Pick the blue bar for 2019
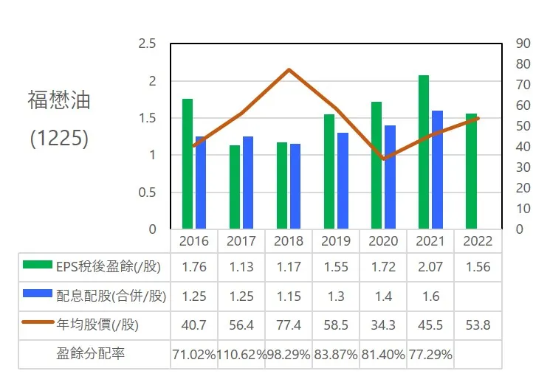coord(343,181)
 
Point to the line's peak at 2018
coord(289,69)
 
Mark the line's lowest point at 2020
coord(383,159)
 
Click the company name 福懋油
coord(59,100)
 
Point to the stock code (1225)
coord(59,139)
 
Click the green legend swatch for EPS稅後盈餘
coord(37,266)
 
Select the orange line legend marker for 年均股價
coord(37,324)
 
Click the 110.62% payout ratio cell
coord(241,354)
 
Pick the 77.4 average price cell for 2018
coord(289,325)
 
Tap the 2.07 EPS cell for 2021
coord(430,266)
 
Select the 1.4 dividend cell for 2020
coord(383,296)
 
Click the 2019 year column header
coord(336,241)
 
